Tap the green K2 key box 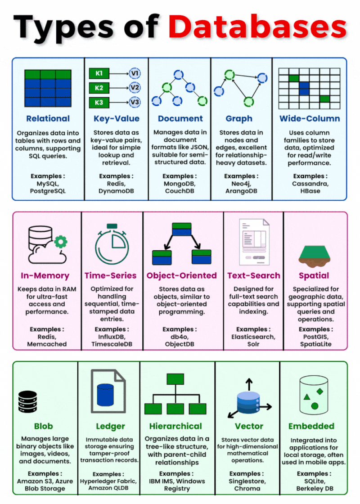coord(99,88)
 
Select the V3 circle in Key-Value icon coord(135,103)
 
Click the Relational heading coord(48,119)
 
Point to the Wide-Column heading coord(310,119)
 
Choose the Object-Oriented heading coord(181,275)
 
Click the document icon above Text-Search coord(254,243)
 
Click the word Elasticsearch coord(254,337)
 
